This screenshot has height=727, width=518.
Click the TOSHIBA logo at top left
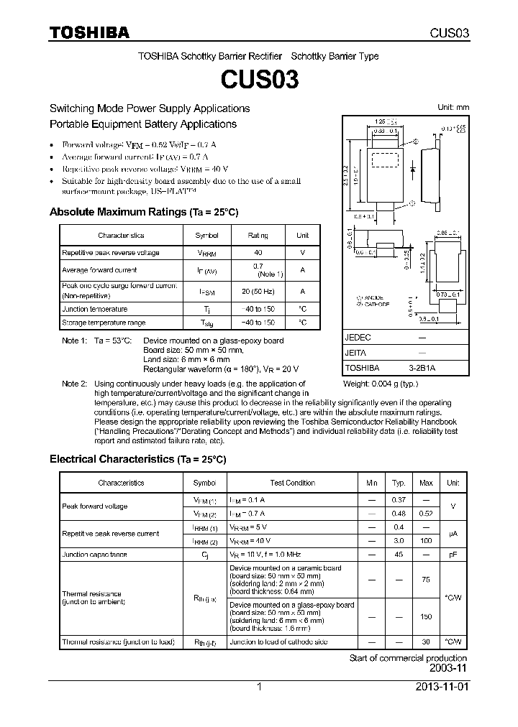[x=89, y=32]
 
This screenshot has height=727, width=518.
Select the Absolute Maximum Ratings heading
[x=143, y=212]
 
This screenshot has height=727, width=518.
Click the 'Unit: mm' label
[x=453, y=107]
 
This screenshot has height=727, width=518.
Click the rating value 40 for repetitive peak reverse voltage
[x=258, y=253]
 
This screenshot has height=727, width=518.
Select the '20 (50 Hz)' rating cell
[x=258, y=291]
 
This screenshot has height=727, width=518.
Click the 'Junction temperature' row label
[x=85, y=309]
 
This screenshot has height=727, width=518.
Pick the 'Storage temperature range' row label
[x=94, y=323]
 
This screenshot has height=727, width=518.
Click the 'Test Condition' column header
[x=292, y=483]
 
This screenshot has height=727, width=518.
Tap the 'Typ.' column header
[x=399, y=483]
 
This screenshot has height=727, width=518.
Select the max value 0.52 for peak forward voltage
[x=426, y=513]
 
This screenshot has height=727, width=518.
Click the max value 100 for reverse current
[x=426, y=540]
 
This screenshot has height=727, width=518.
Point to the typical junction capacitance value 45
[x=399, y=555]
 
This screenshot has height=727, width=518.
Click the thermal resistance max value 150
[x=426, y=616]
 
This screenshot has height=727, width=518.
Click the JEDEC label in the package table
[x=357, y=337]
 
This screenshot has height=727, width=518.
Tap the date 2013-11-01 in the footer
[x=442, y=687]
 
